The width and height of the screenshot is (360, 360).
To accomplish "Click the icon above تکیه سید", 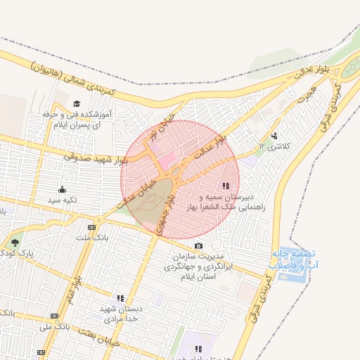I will click(62, 189).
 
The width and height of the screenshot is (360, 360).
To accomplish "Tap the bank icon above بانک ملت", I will click(91, 227).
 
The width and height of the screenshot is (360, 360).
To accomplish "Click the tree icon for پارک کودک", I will click(15, 243).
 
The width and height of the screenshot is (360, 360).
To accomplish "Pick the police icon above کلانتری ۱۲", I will click(274, 136).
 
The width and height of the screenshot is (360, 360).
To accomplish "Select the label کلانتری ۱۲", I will click(274, 146).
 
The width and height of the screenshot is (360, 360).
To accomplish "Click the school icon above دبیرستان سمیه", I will click(225, 186).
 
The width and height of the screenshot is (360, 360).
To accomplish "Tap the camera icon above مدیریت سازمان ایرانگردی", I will click(199, 245).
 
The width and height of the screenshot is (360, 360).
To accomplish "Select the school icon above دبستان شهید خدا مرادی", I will click(120, 298).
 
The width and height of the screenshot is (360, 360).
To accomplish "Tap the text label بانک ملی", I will click(54, 327).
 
